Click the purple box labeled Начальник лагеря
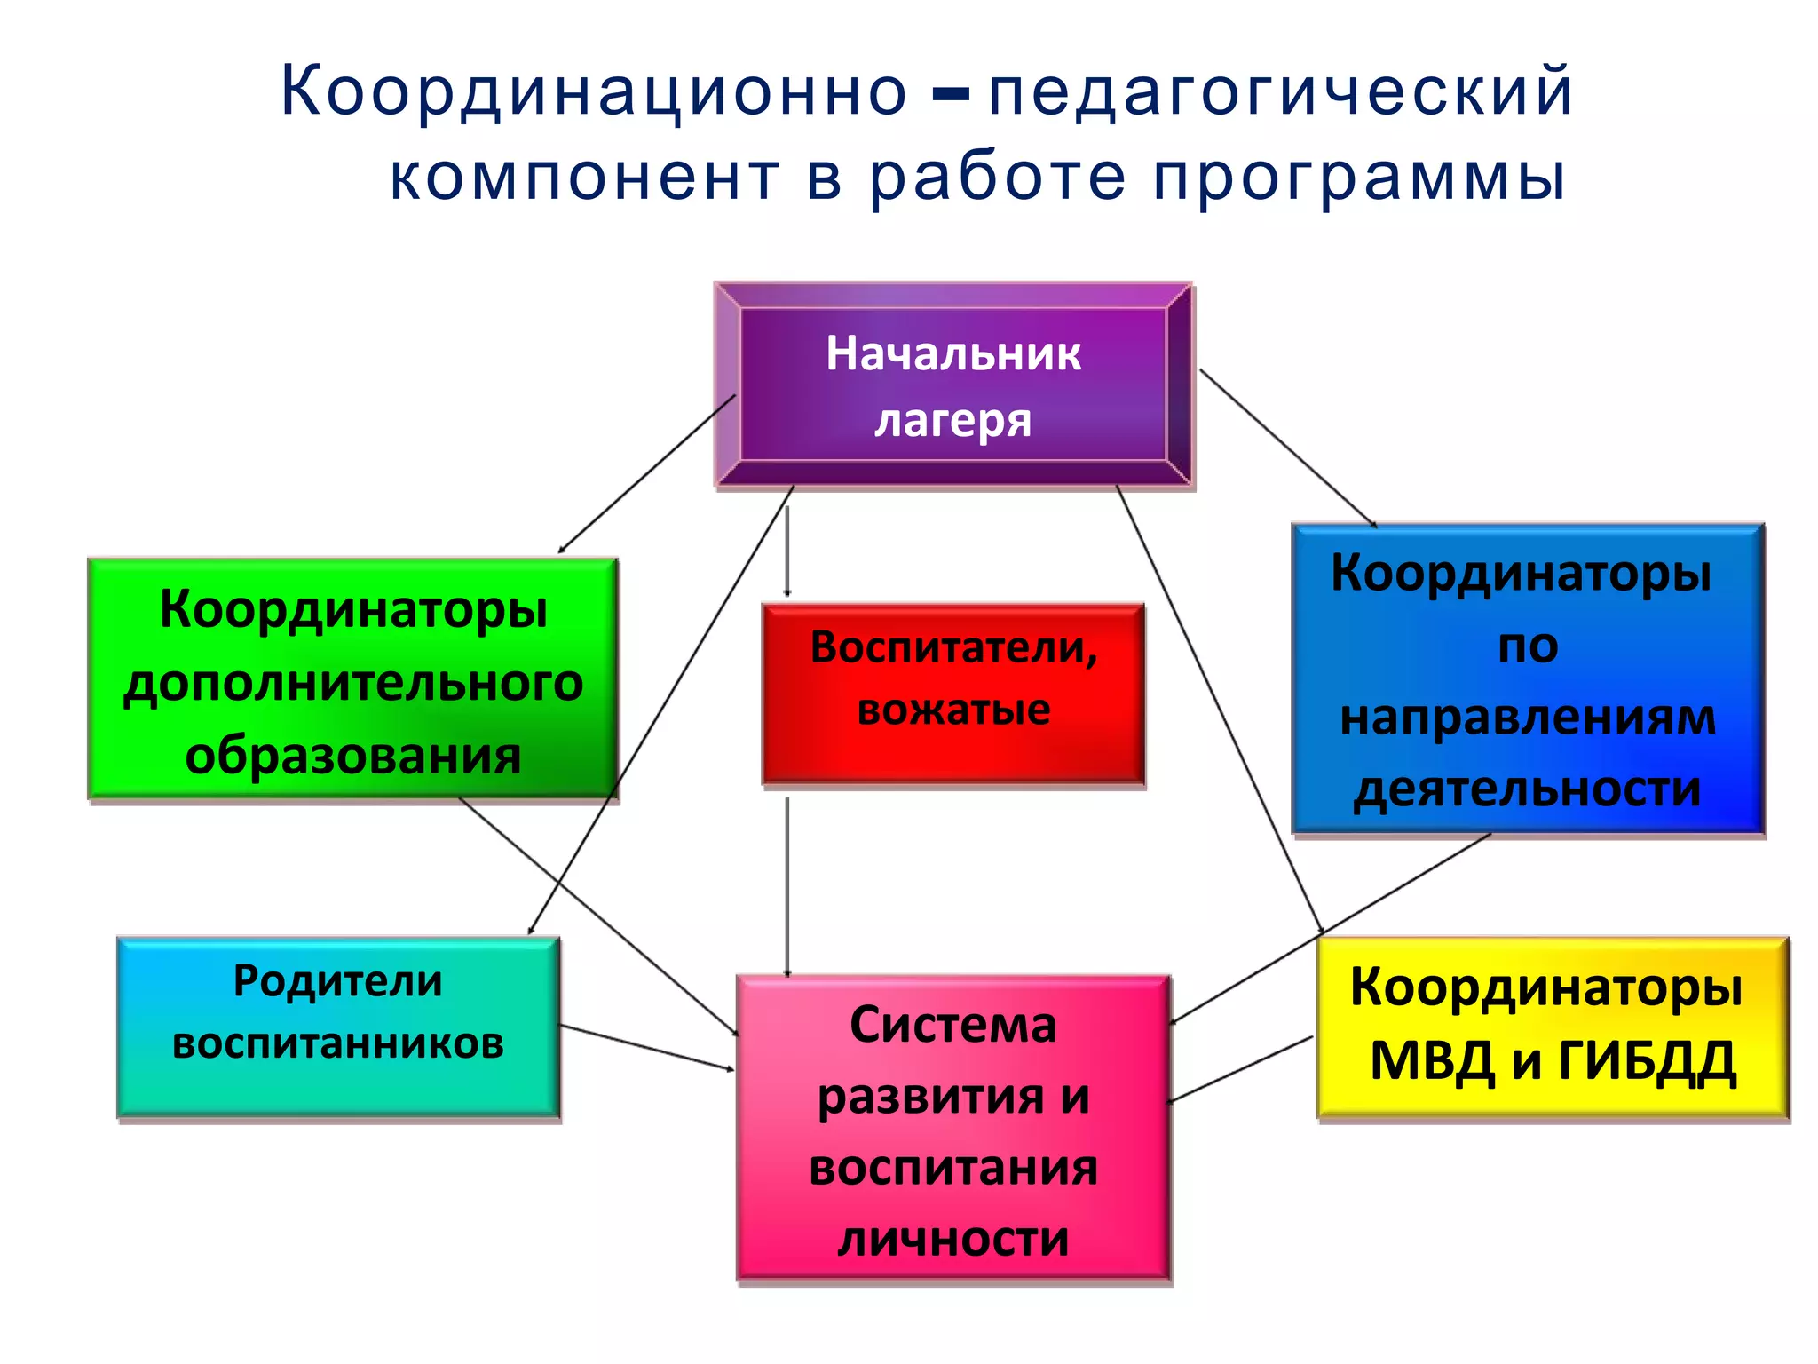pyautogui.click(x=953, y=385)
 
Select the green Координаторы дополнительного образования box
pyautogui.click(x=352, y=680)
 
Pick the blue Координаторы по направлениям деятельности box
pyautogui.click(x=1528, y=679)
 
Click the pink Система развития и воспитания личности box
pyautogui.click(x=953, y=1128)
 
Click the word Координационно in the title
pyautogui.click(x=593, y=92)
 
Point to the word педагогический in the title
pyautogui.click(x=1280, y=92)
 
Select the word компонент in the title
pyautogui.click(x=584, y=178)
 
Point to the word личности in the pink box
pyautogui.click(x=953, y=1239)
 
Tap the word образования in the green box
pyautogui.click(x=352, y=757)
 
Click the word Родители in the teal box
pyautogui.click(x=337, y=982)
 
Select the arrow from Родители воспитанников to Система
pyautogui.click(x=648, y=1048)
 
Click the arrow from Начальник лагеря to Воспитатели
pyautogui.click(x=787, y=551)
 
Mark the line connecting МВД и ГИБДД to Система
pyautogui.click(x=1241, y=1069)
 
